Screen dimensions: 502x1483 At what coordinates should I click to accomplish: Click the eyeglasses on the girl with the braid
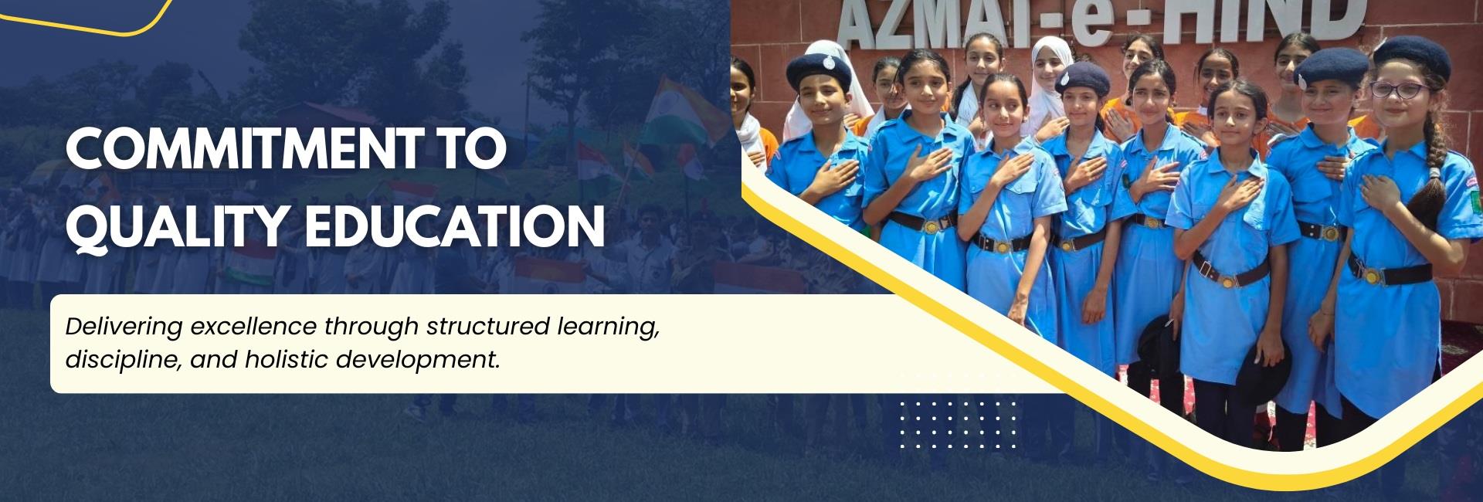(1397, 89)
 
